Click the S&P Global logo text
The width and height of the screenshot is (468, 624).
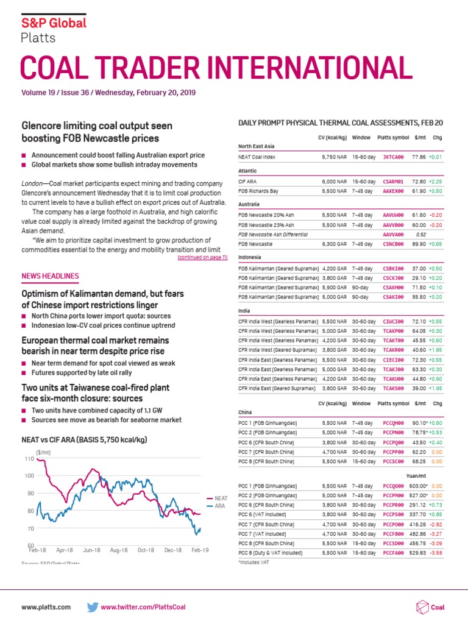[54, 23]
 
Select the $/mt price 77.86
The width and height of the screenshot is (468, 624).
[418, 157]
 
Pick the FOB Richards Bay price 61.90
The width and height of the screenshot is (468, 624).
[418, 191]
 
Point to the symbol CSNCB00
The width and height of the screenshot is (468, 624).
[393, 244]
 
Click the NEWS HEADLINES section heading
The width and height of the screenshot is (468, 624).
[50, 276]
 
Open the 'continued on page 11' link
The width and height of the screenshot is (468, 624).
[202, 258]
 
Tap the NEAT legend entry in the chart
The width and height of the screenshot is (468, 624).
[221, 498]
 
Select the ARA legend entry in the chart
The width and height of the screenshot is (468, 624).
[219, 505]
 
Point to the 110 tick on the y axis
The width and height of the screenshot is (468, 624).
[29, 458]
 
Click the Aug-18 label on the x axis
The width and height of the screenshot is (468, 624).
[119, 550]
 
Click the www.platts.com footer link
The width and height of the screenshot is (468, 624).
[46, 607]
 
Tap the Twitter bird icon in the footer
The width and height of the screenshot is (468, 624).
[93, 607]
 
